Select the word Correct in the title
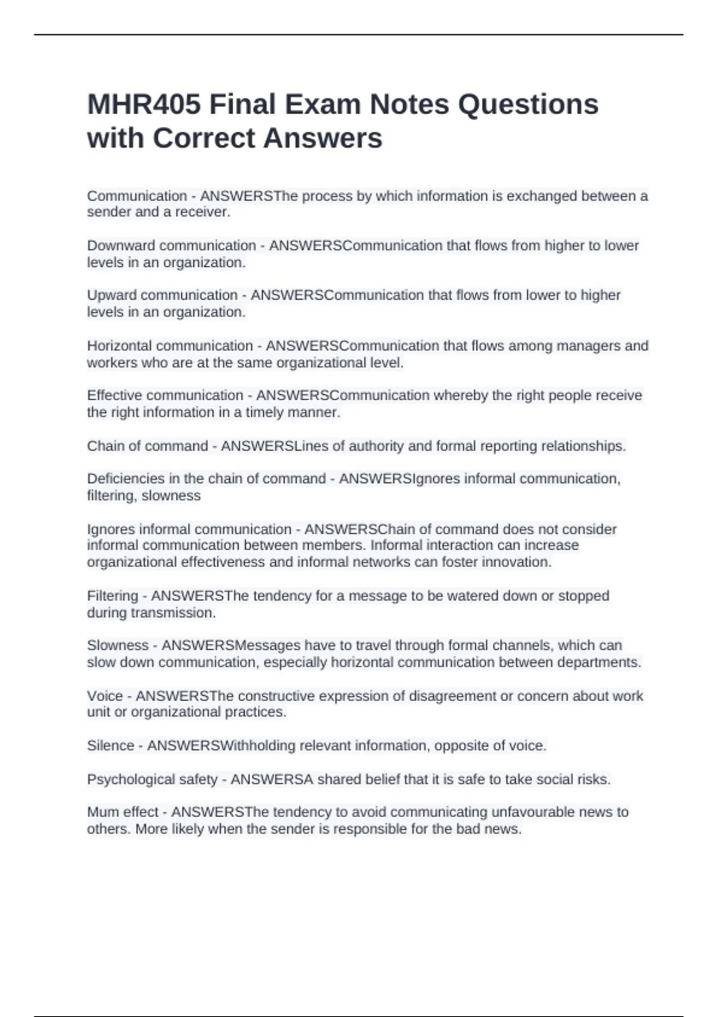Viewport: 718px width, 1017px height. (x=203, y=138)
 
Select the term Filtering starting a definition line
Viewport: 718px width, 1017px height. (x=112, y=596)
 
